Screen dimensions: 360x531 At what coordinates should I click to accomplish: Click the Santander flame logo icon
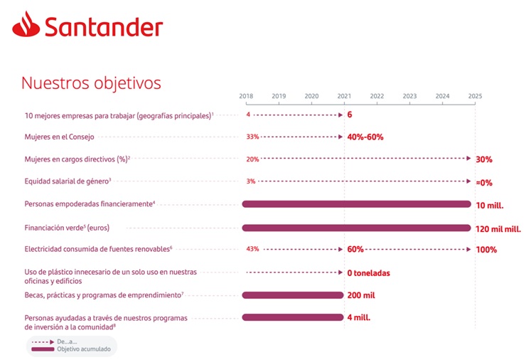[x=26, y=27]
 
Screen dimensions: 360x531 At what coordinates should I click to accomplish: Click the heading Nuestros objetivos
[x=92, y=83]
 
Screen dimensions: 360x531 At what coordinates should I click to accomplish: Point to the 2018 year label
[x=246, y=96]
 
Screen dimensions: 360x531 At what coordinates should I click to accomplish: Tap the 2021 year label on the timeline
[x=344, y=96]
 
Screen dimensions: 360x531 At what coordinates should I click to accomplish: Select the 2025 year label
[x=475, y=96]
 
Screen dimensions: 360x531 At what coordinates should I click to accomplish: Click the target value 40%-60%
[x=365, y=137]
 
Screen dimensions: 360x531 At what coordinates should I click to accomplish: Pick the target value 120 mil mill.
[x=498, y=229]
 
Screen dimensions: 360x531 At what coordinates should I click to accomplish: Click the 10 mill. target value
[x=490, y=205]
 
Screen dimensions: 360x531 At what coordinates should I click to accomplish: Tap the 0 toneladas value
[x=368, y=272]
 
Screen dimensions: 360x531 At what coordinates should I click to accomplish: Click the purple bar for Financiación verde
[x=356, y=228]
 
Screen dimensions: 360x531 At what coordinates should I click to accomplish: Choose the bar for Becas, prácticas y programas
[x=292, y=295]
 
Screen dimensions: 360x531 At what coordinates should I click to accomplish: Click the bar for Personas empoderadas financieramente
[x=356, y=204]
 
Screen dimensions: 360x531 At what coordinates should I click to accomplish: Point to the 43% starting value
[x=252, y=250]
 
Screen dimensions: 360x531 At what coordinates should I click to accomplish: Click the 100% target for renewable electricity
[x=486, y=250]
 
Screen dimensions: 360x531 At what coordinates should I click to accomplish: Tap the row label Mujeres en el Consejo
[x=59, y=137]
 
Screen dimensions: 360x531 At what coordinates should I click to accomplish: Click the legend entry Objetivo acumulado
[x=80, y=349]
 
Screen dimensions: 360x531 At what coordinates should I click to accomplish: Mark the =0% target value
[x=484, y=182]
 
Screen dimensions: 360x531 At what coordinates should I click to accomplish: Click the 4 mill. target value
[x=358, y=317]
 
